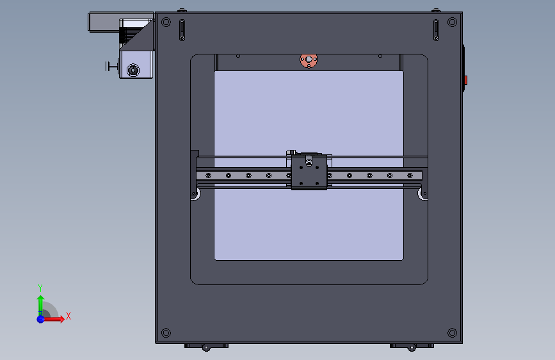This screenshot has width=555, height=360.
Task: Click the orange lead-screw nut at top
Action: [x=309, y=61]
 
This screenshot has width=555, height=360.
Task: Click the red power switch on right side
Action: [x=466, y=80]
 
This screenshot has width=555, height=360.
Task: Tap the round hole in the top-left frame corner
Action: [x=166, y=22]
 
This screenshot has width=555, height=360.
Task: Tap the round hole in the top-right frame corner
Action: [x=453, y=22]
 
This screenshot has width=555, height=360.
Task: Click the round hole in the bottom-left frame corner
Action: [x=166, y=332]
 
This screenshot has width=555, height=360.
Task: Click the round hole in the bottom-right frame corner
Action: [x=453, y=332]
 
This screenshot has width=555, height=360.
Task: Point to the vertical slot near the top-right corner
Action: [x=436, y=30]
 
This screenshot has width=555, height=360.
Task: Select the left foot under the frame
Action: [x=206, y=346]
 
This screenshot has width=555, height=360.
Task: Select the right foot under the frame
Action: [x=412, y=346]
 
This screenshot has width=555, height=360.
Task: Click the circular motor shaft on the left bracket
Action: [x=133, y=70]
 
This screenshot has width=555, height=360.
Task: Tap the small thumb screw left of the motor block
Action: [x=111, y=65]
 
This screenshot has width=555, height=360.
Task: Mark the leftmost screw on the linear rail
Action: [x=208, y=176]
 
